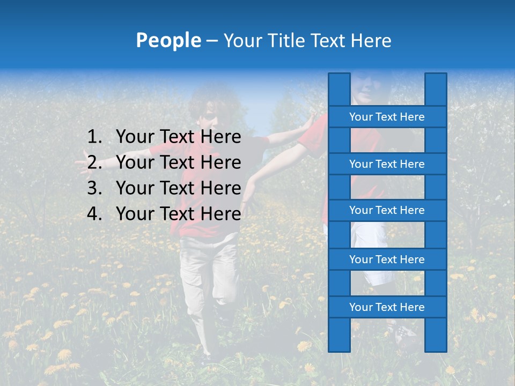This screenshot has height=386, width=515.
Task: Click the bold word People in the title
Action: [168, 41]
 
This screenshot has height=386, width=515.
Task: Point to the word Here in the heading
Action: [370, 41]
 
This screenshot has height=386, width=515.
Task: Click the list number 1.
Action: [94, 137]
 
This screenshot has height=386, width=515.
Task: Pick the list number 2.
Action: [94, 162]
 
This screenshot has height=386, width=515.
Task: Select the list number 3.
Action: [94, 188]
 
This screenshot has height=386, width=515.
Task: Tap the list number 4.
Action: [94, 214]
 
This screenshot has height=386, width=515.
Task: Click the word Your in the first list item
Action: [134, 137]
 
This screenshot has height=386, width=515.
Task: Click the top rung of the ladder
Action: [387, 117]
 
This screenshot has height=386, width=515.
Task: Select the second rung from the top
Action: [387, 164]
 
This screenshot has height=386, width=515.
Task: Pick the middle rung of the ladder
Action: [387, 210]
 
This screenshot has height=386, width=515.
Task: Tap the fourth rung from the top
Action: [387, 259]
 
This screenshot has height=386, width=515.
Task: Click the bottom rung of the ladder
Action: [387, 307]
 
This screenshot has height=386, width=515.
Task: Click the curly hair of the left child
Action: [207, 102]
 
